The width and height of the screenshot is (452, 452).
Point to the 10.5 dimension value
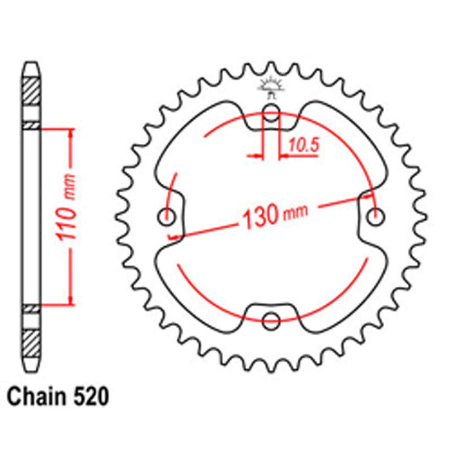pos(303,145)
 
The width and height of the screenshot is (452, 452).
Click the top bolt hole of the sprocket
pos(271,113)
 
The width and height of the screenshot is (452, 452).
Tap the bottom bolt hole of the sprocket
pos(271,319)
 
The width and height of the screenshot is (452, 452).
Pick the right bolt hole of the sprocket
pos(375,217)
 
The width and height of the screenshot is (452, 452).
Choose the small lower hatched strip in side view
pos(32,309)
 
